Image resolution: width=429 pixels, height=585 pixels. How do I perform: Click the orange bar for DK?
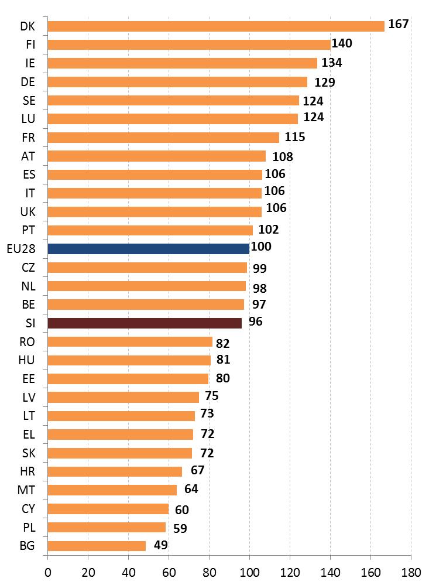click(x=215, y=26)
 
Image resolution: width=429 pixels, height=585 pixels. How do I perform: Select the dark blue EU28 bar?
click(x=148, y=249)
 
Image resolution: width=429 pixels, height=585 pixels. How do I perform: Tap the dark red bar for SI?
click(x=144, y=323)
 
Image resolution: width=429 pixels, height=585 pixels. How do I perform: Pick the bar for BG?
click(x=97, y=546)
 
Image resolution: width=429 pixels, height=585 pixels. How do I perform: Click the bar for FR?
click(x=163, y=138)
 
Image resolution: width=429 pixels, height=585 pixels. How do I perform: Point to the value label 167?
click(x=398, y=24)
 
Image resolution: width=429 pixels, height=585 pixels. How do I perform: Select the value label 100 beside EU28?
click(x=261, y=247)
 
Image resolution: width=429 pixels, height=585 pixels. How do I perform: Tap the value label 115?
click(x=295, y=137)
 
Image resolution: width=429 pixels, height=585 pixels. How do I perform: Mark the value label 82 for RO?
click(x=222, y=343)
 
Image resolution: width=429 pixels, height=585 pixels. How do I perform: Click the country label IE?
click(x=30, y=63)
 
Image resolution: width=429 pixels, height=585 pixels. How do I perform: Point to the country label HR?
click(x=28, y=471)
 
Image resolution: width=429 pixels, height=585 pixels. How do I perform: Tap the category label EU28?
click(x=22, y=249)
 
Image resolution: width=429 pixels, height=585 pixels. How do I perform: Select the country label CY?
click(x=28, y=509)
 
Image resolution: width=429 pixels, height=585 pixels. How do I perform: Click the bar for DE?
click(x=177, y=82)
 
